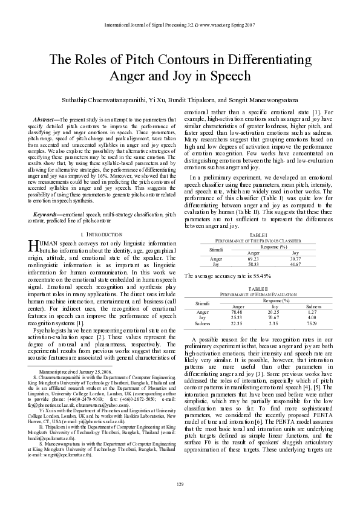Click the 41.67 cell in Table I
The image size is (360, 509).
point(295,264)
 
